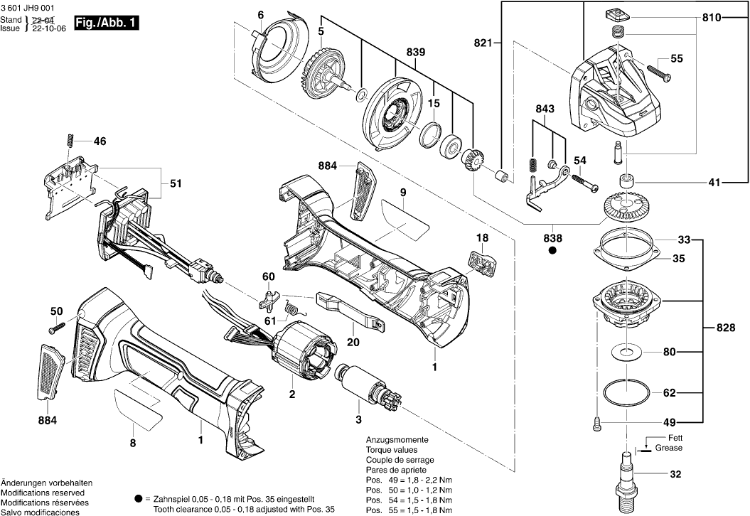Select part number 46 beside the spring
click(x=100, y=141)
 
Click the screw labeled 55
click(x=658, y=70)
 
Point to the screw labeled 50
click(x=56, y=328)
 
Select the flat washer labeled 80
click(x=626, y=351)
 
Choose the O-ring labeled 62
click(x=626, y=392)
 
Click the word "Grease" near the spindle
click(x=668, y=448)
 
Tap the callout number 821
click(x=483, y=43)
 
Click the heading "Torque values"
click(x=392, y=450)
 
